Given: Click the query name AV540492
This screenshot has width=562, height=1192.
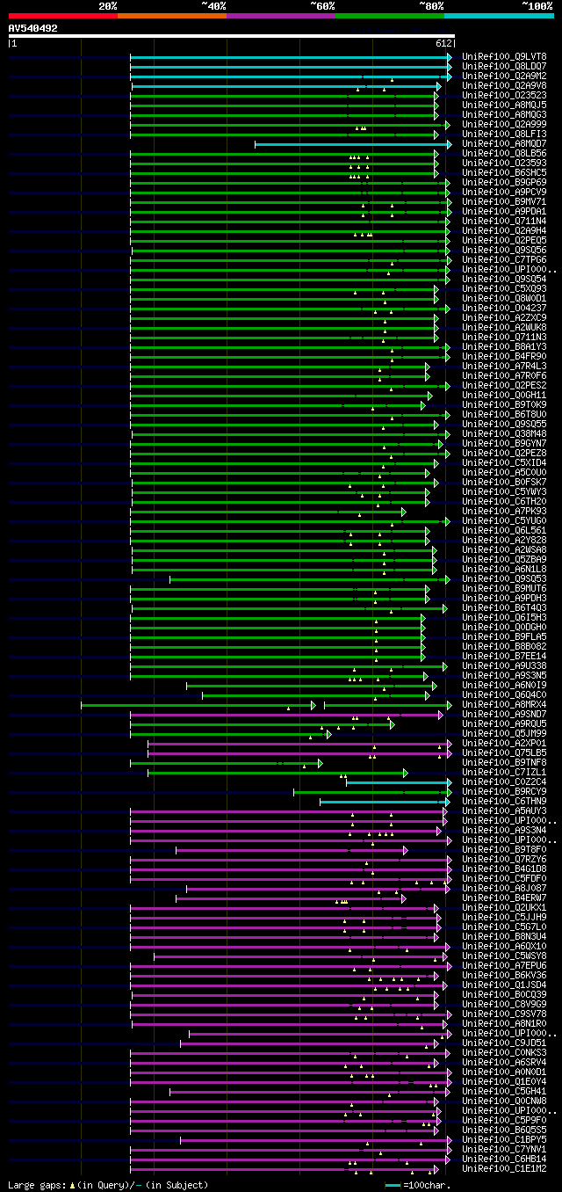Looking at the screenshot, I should click(32, 28).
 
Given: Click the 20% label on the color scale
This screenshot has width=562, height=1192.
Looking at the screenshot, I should click(108, 6).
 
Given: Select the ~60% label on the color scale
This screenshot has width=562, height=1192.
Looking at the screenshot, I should click(322, 6).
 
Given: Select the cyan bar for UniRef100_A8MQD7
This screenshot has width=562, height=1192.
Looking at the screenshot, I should click(351, 144).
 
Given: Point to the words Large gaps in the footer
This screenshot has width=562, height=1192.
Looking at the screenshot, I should click(36, 1186).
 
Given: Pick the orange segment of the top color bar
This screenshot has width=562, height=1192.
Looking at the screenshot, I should click(171, 16).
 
